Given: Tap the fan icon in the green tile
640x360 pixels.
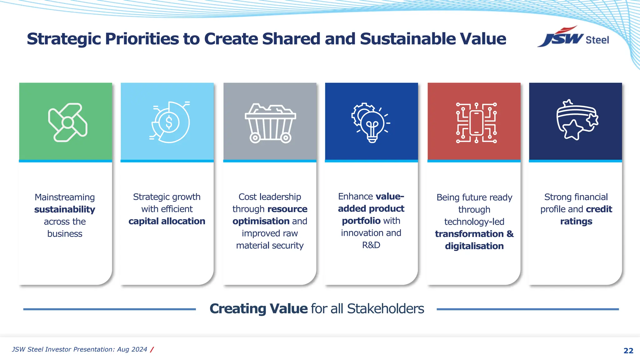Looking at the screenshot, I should coord(67,122).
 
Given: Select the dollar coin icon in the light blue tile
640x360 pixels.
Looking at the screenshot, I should coord(169,122).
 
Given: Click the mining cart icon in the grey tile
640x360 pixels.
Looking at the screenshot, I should coord(270,123).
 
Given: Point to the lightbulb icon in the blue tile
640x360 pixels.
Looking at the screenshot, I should coord(372,123).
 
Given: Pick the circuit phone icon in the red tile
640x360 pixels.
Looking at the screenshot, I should coord(476,122).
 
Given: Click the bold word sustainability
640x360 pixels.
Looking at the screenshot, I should coord(65,209).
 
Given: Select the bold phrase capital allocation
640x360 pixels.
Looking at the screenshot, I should coord(167,221).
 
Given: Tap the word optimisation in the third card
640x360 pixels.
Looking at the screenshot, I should coord(261,221).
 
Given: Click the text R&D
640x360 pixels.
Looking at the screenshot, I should coord(371,245).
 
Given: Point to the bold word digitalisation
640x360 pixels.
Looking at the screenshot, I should coord(474,246).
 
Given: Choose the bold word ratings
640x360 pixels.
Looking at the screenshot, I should coord(576,222).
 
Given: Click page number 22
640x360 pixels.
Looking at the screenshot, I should coord(628,351).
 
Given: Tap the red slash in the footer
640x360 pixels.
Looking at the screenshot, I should coord(152,350).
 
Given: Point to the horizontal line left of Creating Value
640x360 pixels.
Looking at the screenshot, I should coord(109,309).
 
